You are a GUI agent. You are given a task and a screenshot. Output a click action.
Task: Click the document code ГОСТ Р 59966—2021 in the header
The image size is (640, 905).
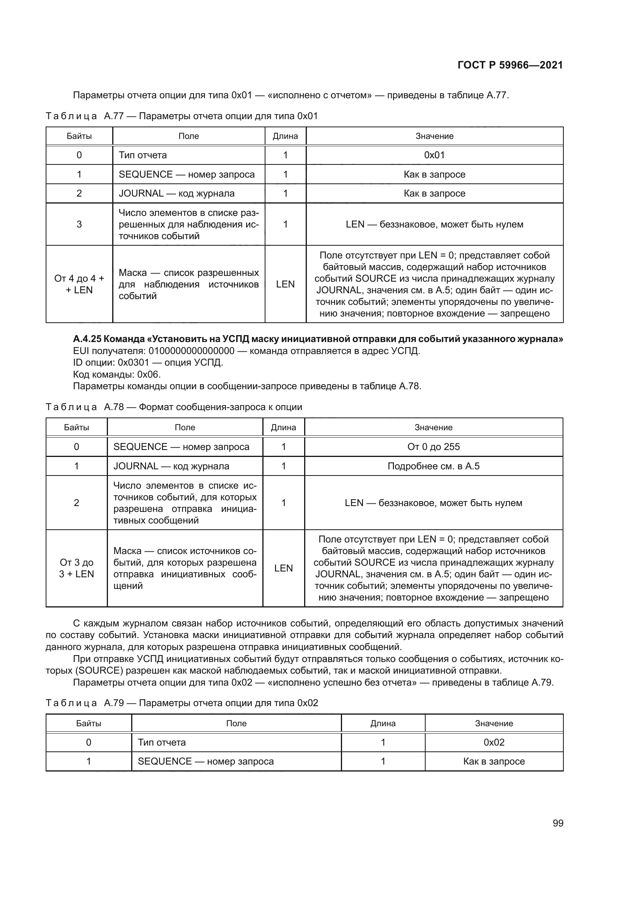510,65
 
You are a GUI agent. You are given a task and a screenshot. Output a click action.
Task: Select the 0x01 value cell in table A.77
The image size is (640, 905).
434,155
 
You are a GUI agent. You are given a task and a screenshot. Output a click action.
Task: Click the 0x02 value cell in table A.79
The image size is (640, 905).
494,742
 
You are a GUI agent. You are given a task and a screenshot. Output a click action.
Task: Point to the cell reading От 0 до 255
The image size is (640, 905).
433,447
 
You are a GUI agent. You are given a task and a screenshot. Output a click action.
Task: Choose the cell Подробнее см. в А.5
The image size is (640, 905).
433,466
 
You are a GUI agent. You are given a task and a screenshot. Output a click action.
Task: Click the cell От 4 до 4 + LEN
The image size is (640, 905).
79,284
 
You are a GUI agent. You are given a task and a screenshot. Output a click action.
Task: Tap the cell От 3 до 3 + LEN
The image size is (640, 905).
77,568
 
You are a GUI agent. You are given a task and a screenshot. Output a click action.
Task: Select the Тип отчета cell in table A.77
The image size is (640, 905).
143,155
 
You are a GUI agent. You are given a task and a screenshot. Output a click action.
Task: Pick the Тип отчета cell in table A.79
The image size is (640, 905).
162,742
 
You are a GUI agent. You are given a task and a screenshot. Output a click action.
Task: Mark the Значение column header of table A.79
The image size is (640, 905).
494,723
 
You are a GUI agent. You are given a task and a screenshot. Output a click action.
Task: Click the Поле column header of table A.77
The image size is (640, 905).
188,136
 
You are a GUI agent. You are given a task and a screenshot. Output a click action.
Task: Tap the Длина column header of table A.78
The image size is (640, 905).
283,427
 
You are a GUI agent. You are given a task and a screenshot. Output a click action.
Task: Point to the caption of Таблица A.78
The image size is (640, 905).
174,407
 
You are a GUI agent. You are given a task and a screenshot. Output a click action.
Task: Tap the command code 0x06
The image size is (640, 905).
149,374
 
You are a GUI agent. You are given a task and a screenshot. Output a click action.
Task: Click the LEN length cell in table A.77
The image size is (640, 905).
285,284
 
